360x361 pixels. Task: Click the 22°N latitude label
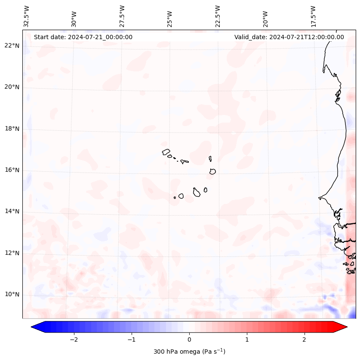pos(12,46)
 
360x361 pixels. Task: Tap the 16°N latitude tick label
pos(12,170)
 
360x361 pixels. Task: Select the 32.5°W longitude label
pos(27,16)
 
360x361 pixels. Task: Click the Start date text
pos(83,37)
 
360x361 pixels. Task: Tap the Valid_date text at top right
pos(289,37)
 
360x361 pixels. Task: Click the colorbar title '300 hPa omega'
pos(189,352)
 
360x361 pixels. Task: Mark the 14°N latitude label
pos(12,211)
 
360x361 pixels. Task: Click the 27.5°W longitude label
pos(122,16)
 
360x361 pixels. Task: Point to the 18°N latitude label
pos(12,129)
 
